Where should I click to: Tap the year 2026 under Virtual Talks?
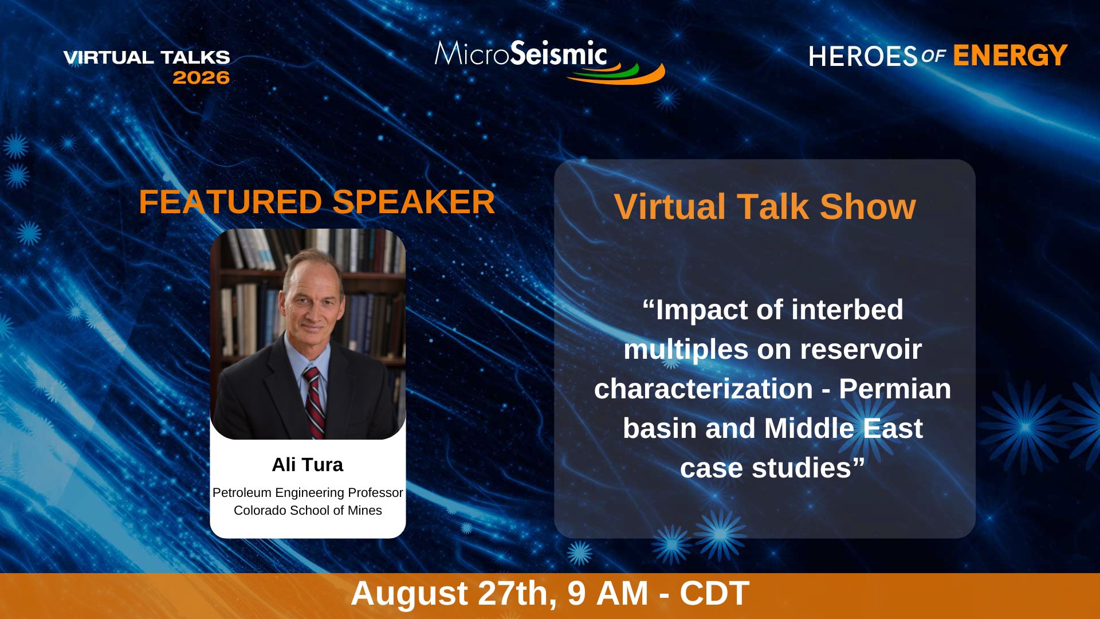(201, 77)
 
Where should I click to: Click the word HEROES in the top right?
(863, 56)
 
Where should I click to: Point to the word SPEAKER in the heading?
(414, 202)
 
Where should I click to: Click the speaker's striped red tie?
(313, 401)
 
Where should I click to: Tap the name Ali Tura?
(308, 465)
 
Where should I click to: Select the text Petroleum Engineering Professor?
(308, 493)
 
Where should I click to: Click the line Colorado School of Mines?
(308, 511)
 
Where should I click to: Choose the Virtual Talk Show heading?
(765, 207)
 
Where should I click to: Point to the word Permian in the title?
(895, 389)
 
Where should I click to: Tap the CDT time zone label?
(714, 593)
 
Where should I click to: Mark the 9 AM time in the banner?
(608, 593)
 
